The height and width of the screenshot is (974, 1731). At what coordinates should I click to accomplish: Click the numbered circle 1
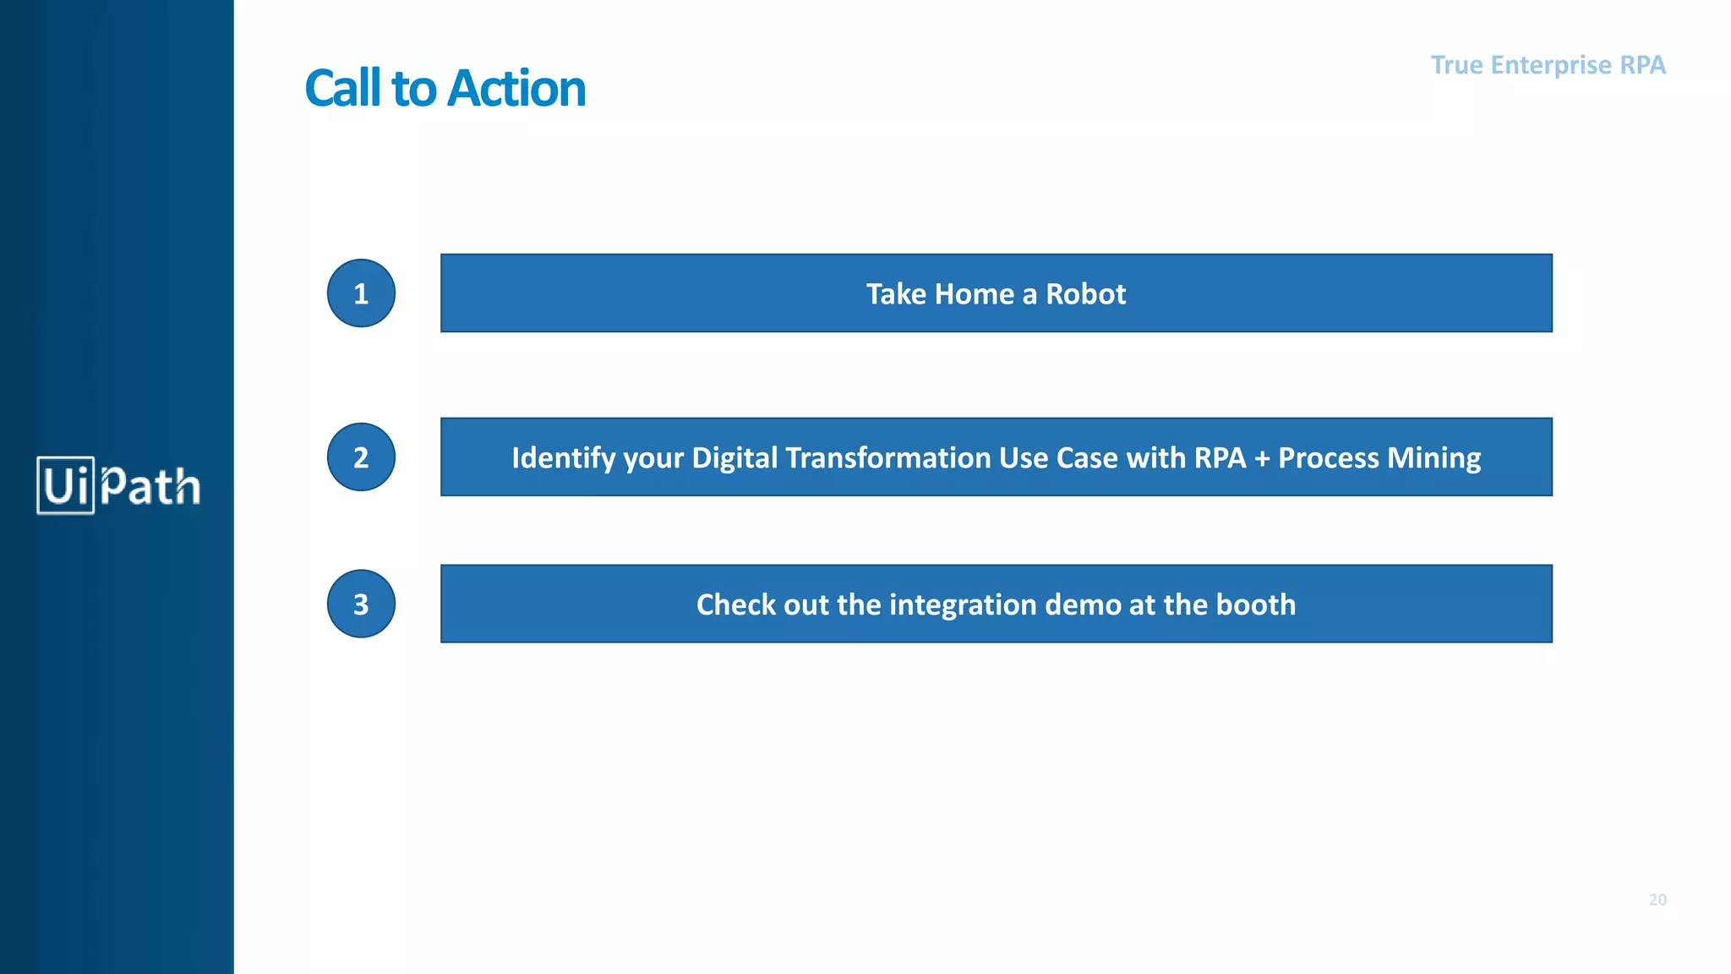(361, 293)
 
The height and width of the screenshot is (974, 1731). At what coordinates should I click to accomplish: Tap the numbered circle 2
(361, 457)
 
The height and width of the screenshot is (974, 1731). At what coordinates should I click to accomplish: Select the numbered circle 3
(361, 604)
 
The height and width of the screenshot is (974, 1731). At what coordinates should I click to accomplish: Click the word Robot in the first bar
(1085, 294)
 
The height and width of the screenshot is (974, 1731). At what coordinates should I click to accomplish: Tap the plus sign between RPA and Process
(1262, 458)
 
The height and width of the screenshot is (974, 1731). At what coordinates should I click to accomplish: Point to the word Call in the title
(342, 89)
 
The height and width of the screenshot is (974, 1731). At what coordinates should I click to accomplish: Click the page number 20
(1657, 900)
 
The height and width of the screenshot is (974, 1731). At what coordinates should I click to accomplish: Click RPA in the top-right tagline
(1642, 65)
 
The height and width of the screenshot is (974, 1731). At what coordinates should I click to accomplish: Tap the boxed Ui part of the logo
(65, 485)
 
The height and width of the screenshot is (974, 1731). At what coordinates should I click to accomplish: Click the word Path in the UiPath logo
(150, 485)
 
